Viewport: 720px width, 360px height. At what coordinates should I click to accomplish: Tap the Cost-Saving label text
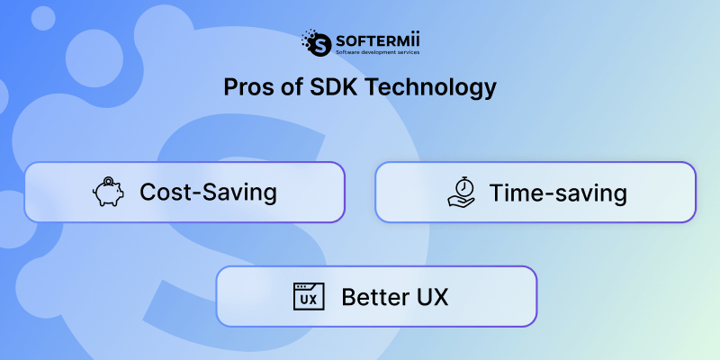point(208,192)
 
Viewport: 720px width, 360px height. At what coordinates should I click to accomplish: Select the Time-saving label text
point(557,192)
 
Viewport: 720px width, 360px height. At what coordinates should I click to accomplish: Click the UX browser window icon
point(308,296)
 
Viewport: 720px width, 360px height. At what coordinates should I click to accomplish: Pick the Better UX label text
point(394,296)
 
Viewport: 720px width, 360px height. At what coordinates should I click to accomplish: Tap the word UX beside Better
point(431,296)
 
